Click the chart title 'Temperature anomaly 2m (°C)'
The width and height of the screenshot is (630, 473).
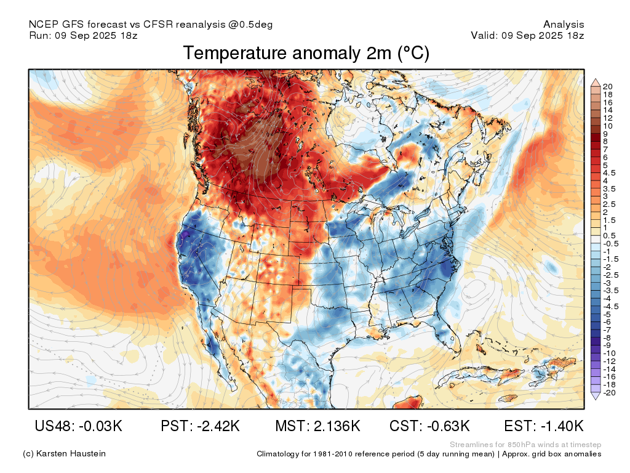coord(306,53)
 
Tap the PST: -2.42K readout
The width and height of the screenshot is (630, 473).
coord(200,426)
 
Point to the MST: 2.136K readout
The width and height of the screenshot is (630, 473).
coord(317,426)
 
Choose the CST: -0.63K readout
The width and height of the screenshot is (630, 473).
coord(429,426)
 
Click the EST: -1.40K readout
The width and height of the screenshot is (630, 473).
coord(544,426)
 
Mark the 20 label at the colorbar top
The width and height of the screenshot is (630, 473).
coord(608,86)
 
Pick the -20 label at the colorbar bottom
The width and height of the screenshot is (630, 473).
coord(609,392)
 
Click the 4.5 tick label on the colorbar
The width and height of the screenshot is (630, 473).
coord(609,173)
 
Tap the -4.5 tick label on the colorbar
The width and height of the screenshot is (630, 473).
coord(611,307)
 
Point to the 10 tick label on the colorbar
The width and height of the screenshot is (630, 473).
coord(608,126)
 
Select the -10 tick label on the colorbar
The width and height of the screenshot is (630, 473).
coord(609,354)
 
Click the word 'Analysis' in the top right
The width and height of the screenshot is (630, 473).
coord(564,25)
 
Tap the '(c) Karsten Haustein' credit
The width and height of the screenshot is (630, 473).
coord(64,453)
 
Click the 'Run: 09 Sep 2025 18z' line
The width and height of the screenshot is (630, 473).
coord(83,35)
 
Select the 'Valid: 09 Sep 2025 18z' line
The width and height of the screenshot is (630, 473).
coord(527,35)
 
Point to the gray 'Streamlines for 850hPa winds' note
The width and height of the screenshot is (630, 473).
coord(525,445)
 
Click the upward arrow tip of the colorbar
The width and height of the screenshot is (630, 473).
coord(596,79)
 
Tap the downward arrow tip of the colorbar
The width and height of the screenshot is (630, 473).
coord(596,399)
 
